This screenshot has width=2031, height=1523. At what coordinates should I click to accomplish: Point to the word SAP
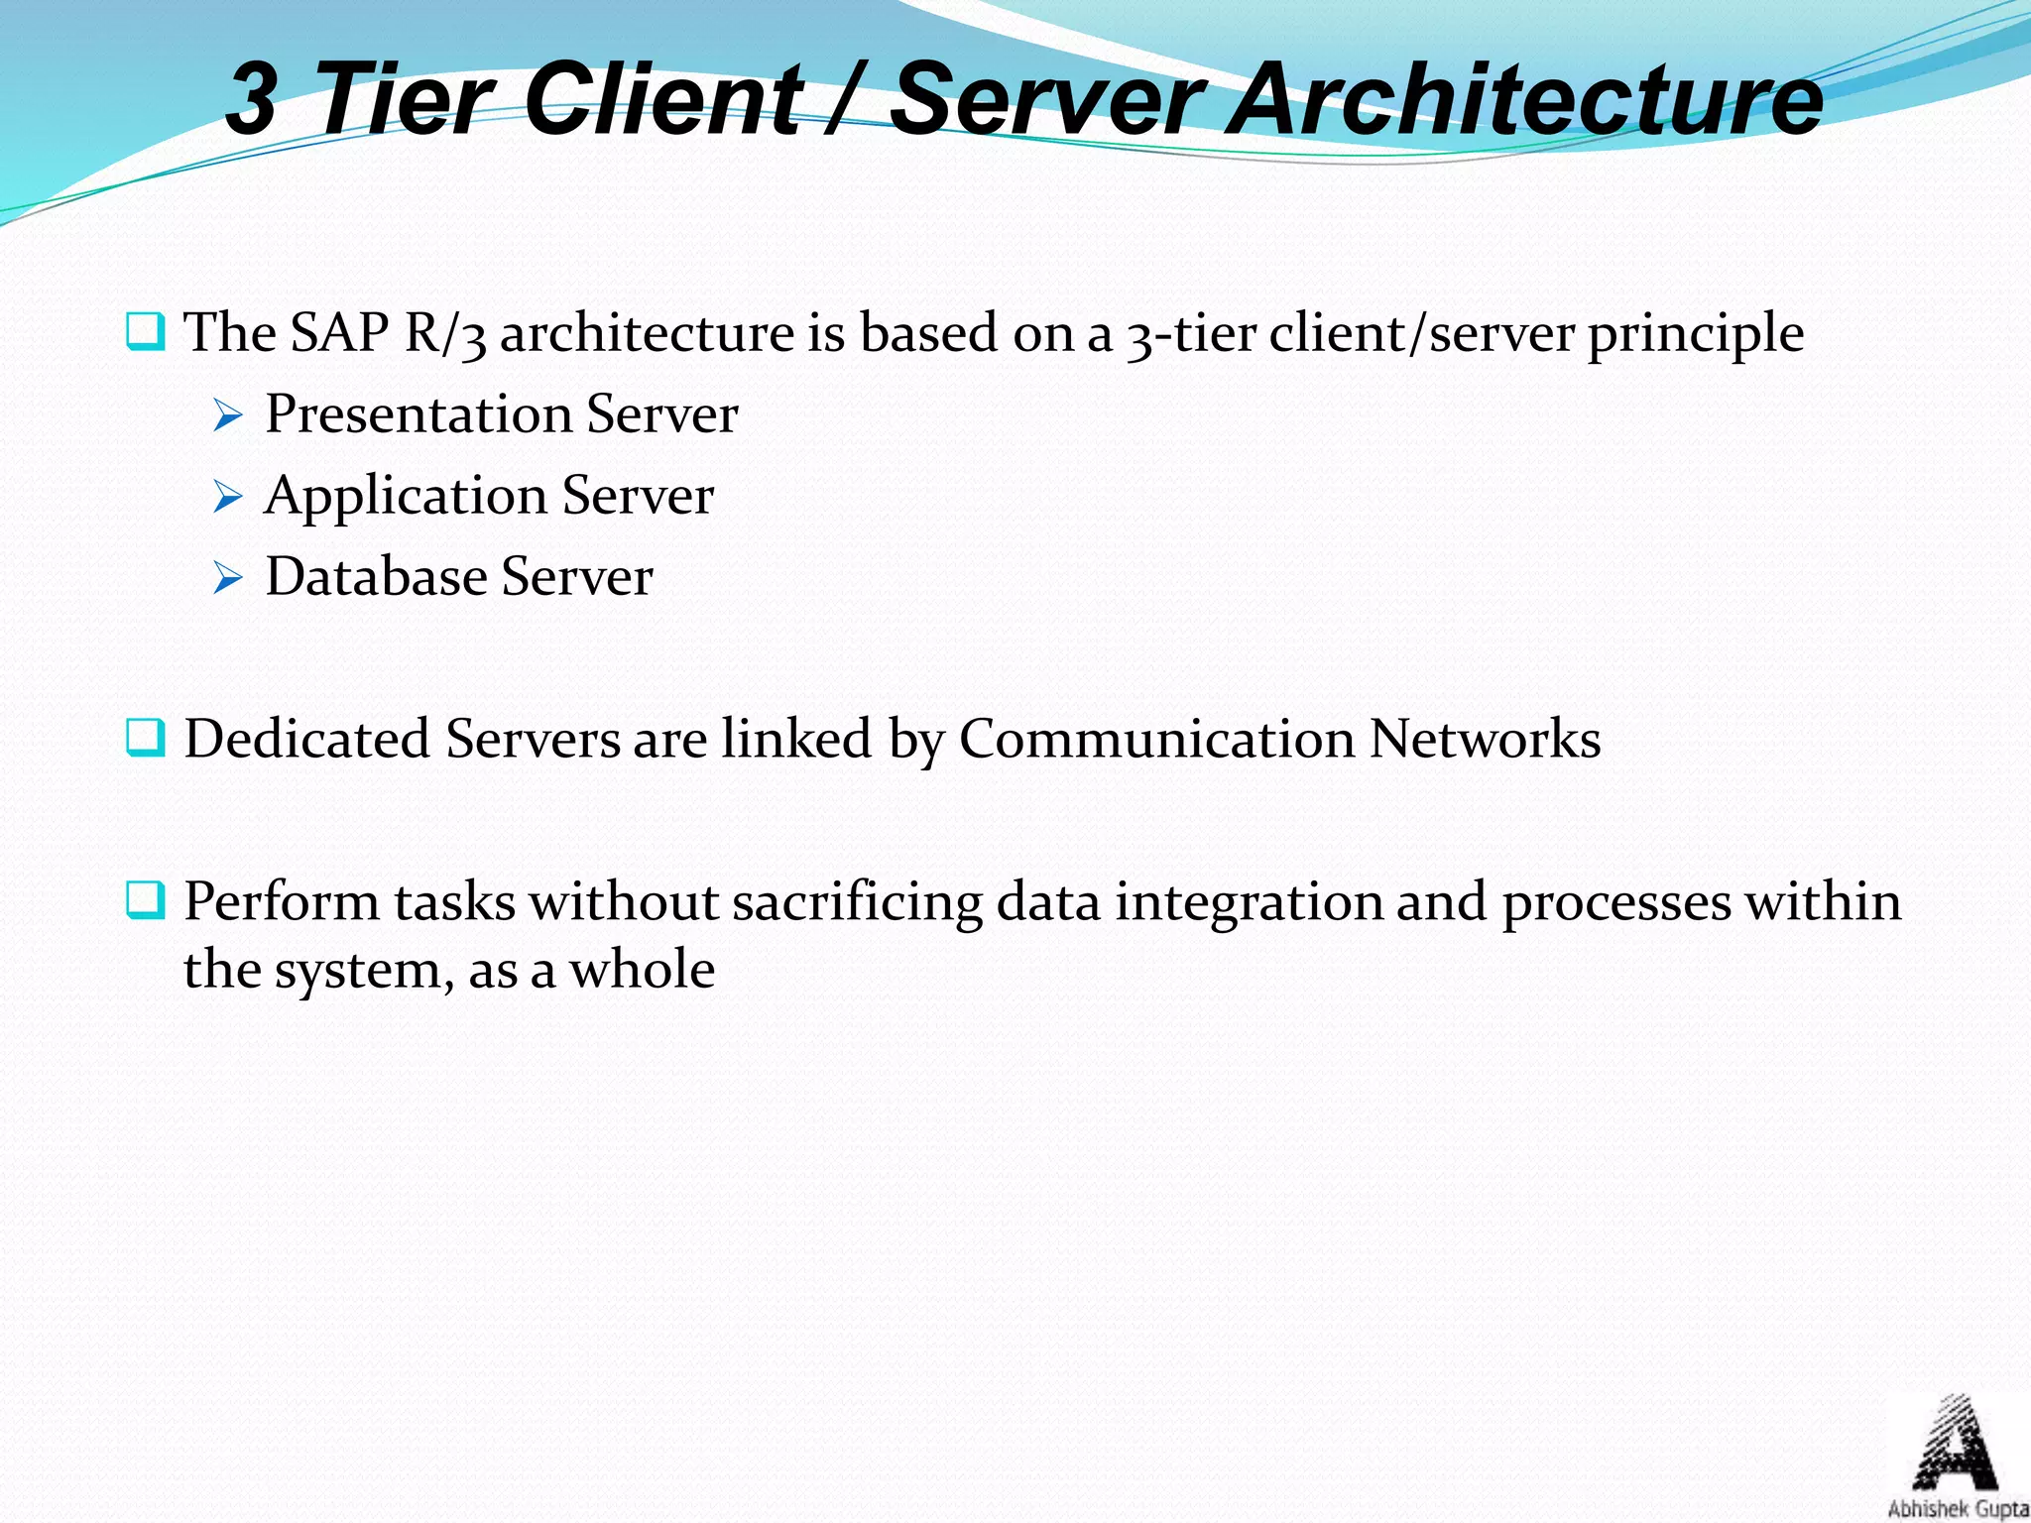click(x=338, y=333)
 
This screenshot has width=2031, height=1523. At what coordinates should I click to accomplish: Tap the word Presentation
click(x=418, y=414)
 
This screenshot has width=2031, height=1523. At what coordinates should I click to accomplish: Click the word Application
click(x=406, y=497)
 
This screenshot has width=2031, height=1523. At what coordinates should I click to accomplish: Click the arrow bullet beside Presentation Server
click(x=227, y=416)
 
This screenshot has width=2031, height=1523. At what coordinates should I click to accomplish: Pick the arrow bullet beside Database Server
click(x=227, y=578)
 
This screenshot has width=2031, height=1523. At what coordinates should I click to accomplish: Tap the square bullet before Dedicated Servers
click(x=145, y=739)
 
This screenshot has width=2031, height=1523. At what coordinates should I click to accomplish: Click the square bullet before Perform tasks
click(x=145, y=900)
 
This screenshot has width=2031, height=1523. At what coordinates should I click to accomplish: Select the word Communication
click(x=1156, y=740)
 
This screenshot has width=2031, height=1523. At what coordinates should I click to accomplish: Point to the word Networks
click(x=1485, y=740)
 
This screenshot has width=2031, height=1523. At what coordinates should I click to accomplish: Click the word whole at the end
click(x=642, y=970)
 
